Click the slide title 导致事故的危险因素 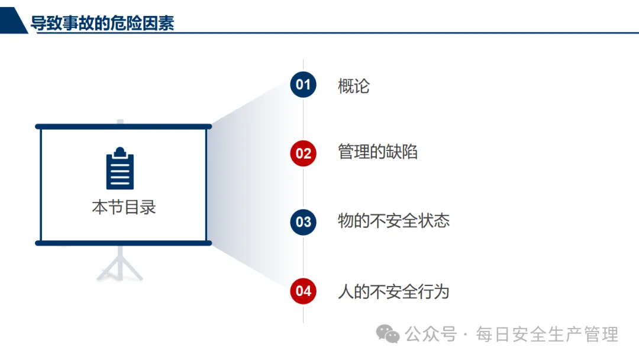[102, 23]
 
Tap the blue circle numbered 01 [303, 85]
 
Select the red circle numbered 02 [303, 153]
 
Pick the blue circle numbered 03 [303, 222]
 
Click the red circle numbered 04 [303, 291]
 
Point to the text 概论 [354, 86]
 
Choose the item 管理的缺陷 [377, 152]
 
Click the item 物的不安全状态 [393, 221]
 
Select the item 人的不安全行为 [393, 291]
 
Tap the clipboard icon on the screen [120, 169]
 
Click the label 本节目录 [124, 207]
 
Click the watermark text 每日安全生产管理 [547, 335]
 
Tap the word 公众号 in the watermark [431, 335]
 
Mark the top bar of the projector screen [123, 126]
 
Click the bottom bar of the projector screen [123, 243]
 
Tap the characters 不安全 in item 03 [393, 221]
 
